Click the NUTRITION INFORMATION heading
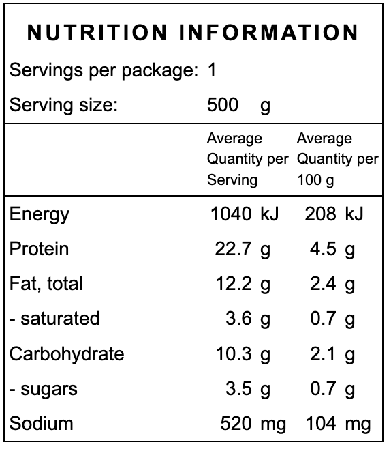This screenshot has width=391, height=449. pyautogui.click(x=193, y=33)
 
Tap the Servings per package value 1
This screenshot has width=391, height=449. pyautogui.click(x=212, y=70)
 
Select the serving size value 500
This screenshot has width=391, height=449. pyautogui.click(x=223, y=104)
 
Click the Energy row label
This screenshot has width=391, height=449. pyautogui.click(x=40, y=214)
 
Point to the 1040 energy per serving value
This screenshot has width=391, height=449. pyautogui.click(x=232, y=214)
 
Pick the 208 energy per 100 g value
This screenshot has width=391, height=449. pyautogui.click(x=320, y=214)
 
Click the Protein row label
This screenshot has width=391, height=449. pyautogui.click(x=39, y=248)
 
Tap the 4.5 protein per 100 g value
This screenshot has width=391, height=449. pyautogui.click(x=323, y=249)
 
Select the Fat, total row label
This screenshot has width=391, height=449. pyautogui.click(x=46, y=284)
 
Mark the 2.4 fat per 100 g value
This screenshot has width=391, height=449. pyautogui.click(x=323, y=284)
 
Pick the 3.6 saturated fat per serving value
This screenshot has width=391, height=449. pyautogui.click(x=239, y=319)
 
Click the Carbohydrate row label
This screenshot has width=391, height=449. pyautogui.click(x=67, y=353)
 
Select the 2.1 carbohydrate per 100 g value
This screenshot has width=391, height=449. pyautogui.click(x=323, y=353)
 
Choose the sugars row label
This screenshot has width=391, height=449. pyautogui.click(x=44, y=389)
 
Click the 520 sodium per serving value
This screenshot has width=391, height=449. pyautogui.click(x=236, y=424)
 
